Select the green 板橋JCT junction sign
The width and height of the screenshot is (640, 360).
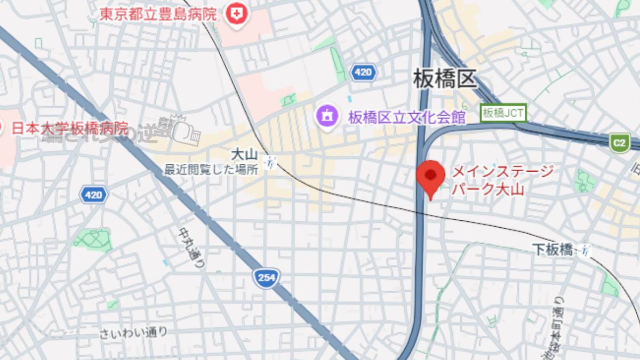[503, 113]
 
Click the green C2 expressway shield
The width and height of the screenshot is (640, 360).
[619, 143]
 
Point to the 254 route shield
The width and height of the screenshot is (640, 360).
[267, 278]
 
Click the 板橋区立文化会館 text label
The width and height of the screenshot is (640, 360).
[407, 117]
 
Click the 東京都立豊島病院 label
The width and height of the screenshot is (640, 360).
[158, 13]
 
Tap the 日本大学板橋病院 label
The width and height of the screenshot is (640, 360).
[69, 128]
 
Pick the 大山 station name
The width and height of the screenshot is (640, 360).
[244, 155]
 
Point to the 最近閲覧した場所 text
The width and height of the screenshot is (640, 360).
[211, 170]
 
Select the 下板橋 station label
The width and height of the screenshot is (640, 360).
[553, 249]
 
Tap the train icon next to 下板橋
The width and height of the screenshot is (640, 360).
[586, 250]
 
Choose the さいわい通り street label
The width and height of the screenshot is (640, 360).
[133, 333]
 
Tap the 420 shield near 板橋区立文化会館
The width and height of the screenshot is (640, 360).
[363, 72]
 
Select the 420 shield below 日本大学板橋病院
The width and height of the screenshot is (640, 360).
[94, 195]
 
